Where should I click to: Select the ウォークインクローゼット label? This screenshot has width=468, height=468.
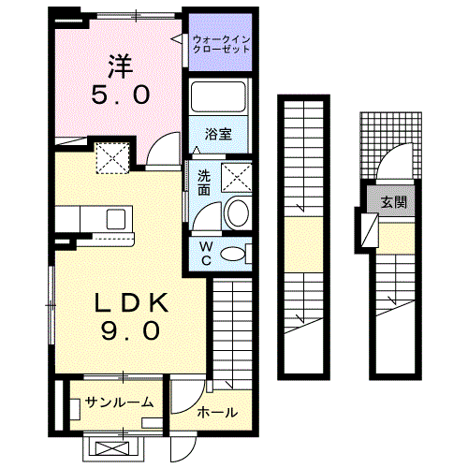[222, 43]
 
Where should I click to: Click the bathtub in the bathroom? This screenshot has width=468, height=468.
[219, 97]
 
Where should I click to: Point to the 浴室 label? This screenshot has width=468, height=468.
[219, 134]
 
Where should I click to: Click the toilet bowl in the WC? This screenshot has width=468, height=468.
[237, 252]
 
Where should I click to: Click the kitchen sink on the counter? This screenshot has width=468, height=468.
[118, 219]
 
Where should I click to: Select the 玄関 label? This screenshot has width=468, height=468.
[393, 201]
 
